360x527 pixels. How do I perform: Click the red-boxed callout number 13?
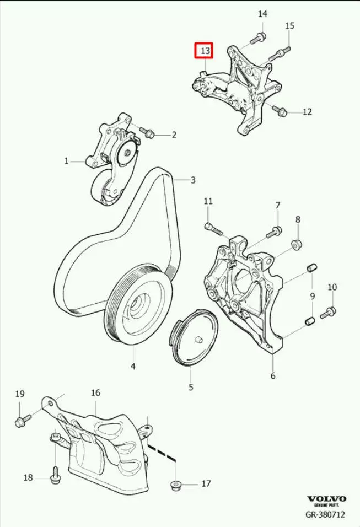click(205, 51)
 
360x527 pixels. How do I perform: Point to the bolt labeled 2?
click(146, 132)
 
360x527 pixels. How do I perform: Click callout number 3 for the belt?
click(193, 180)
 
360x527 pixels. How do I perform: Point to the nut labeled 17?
click(175, 485)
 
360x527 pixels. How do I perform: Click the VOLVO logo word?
click(327, 499)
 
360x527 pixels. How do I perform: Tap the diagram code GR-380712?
click(325, 514)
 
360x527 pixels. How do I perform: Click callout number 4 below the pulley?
click(133, 366)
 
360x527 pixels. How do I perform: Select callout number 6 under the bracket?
click(273, 375)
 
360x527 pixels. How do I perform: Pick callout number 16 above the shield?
click(95, 392)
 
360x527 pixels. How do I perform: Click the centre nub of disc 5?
click(198, 340)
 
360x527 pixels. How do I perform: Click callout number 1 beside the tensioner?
click(67, 161)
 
